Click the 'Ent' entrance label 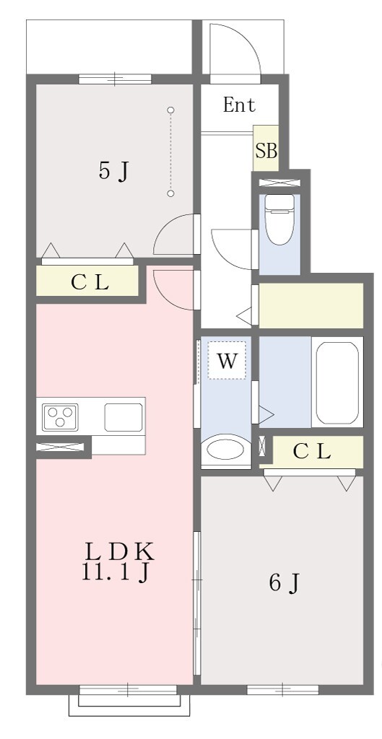(x=239, y=105)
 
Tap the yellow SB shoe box (x=266, y=147)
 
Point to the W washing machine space (x=227, y=361)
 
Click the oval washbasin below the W (x=226, y=450)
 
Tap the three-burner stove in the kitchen (x=60, y=417)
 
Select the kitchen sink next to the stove (x=123, y=417)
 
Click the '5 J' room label (x=113, y=171)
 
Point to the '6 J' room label (x=284, y=583)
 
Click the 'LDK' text (x=119, y=551)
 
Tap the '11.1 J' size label (x=116, y=572)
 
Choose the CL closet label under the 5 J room (x=90, y=282)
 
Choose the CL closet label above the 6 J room (x=311, y=452)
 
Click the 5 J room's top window (x=115, y=79)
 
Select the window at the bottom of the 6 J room (x=282, y=690)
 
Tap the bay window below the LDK (x=129, y=700)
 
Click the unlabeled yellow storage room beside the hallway (x=311, y=305)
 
